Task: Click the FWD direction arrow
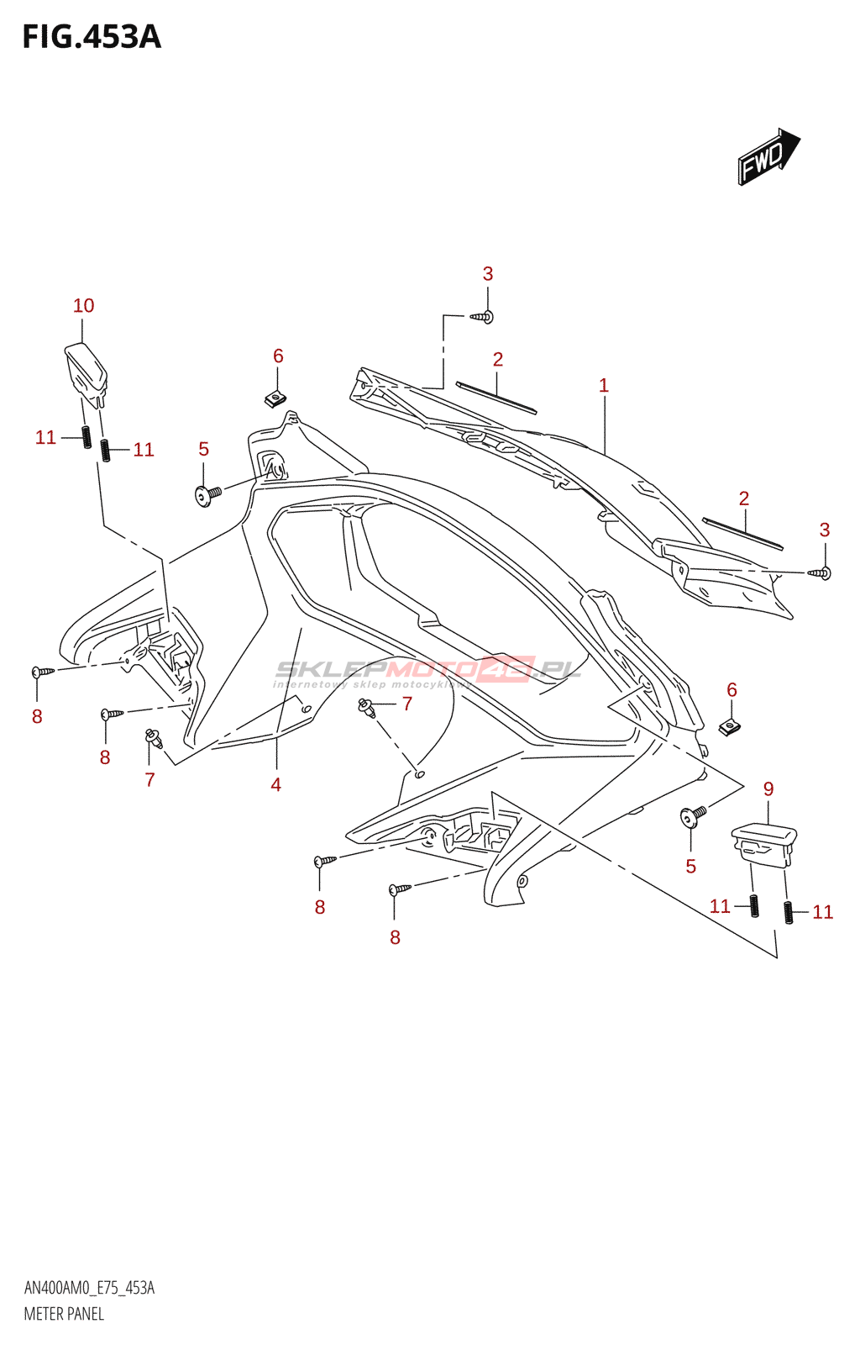[768, 156]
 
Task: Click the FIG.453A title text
[91, 37]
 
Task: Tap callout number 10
[83, 305]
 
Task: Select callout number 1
[603, 385]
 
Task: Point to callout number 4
[275, 784]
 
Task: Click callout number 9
[768, 789]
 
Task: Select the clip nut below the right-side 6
[730, 726]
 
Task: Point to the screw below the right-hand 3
[820, 572]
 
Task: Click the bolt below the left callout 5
[207, 494]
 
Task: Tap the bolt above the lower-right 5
[693, 815]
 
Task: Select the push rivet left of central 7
[366, 707]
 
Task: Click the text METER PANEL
[64, 1313]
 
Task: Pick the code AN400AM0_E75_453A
[89, 1288]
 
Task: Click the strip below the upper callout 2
[496, 398]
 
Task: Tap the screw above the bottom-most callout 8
[399, 889]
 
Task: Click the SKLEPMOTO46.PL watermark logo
[428, 670]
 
